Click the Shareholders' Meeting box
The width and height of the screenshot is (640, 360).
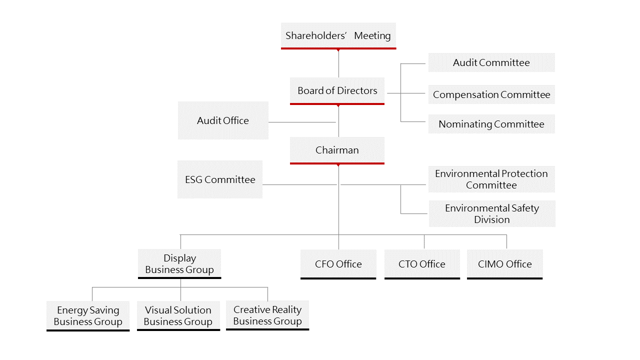point(338,35)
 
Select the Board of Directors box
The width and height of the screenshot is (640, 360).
point(337,90)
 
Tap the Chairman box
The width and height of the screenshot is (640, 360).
point(337,150)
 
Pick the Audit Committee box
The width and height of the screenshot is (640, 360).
point(491,62)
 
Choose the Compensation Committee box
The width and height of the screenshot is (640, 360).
point(491,94)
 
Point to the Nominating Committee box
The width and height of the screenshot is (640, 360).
point(491,124)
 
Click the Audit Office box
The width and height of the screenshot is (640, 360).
point(223,120)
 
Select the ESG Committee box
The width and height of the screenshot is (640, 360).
point(220,179)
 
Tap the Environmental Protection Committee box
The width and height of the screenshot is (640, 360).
point(491,179)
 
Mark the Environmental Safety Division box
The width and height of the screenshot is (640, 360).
point(491,213)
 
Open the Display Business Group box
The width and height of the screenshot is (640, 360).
point(179,263)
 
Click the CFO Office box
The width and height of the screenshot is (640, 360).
point(338,264)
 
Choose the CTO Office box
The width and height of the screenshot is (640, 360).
point(421,264)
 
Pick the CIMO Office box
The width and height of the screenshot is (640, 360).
point(504,264)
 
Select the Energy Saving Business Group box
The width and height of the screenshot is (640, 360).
point(88,315)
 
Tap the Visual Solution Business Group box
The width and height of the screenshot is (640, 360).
point(178,315)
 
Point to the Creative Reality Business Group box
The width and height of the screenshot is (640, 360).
point(267,315)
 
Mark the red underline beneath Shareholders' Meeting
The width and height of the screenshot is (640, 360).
point(338,48)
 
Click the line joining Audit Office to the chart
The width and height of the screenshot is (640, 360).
point(302,122)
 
